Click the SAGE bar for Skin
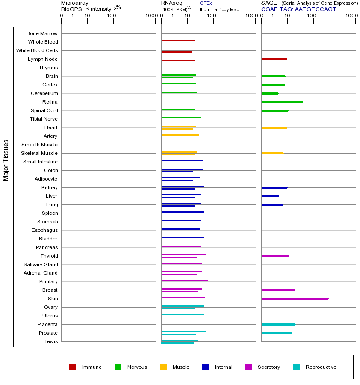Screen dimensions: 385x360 coord(295,299)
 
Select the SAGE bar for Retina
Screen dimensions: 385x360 coord(282,102)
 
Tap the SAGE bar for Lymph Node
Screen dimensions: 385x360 coord(274,59)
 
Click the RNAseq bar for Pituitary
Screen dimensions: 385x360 coord(184,280)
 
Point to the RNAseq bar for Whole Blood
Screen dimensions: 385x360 coord(178,41)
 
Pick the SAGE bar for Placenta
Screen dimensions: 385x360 coord(278,324)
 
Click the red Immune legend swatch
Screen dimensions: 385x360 coord(73,367)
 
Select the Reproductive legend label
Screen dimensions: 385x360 coord(321,367)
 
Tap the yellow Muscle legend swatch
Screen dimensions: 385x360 coord(163,367)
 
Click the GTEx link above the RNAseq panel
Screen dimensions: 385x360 coord(206,3)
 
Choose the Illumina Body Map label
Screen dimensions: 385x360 coord(219,9)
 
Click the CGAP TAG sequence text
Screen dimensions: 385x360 coord(299,9)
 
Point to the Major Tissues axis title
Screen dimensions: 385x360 coord(6,160)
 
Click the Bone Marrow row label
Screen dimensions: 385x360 coord(42,33)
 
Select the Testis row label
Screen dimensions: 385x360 coord(51,341)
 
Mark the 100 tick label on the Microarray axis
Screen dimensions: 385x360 coord(111,16)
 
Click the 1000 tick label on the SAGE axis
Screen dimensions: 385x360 coord(351,16)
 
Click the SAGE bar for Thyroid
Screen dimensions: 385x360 coord(275,256)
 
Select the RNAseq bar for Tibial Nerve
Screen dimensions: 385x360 coord(181,118)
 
